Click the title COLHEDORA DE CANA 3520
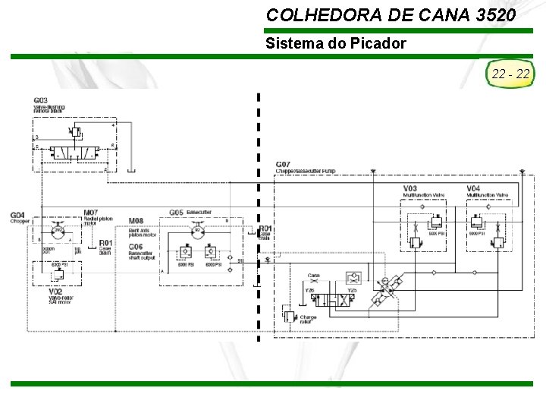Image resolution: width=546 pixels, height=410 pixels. click(391, 14)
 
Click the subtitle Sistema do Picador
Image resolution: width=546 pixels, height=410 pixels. click(335, 43)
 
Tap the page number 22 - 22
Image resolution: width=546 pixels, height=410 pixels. click(510, 74)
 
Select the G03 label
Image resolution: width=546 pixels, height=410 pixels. click(41, 101)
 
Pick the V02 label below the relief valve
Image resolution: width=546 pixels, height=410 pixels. click(55, 292)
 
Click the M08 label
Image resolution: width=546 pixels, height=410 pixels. click(136, 221)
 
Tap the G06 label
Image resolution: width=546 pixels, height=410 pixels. click(136, 247)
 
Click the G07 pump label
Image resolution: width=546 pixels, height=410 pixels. click(283, 165)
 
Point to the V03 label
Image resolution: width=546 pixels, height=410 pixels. click(409, 188)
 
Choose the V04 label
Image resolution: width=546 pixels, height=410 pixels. click(473, 188)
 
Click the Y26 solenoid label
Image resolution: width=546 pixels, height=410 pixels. click(309, 290)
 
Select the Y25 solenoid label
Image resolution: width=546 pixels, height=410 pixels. click(352, 290)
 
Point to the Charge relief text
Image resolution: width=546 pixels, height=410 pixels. click(308, 320)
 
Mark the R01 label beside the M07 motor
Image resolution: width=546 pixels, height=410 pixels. click(106, 244)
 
